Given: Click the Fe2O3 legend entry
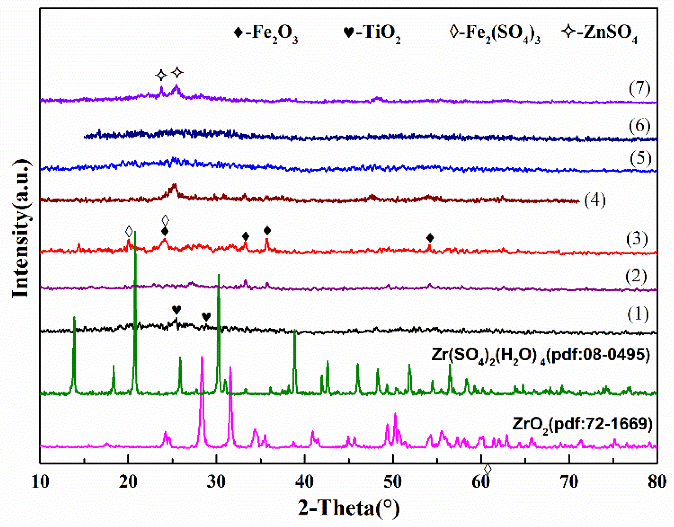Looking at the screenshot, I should (266, 33).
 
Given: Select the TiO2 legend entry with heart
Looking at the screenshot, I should (372, 33).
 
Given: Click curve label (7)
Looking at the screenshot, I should (639, 88).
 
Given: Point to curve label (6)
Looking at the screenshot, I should (639, 126).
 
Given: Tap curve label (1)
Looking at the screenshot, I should (638, 314).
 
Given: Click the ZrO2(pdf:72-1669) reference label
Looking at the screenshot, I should (582, 424).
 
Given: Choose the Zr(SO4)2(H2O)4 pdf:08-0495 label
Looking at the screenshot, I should (540, 355).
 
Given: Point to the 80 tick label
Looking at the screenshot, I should (657, 481).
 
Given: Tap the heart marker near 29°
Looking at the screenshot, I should (206, 316).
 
